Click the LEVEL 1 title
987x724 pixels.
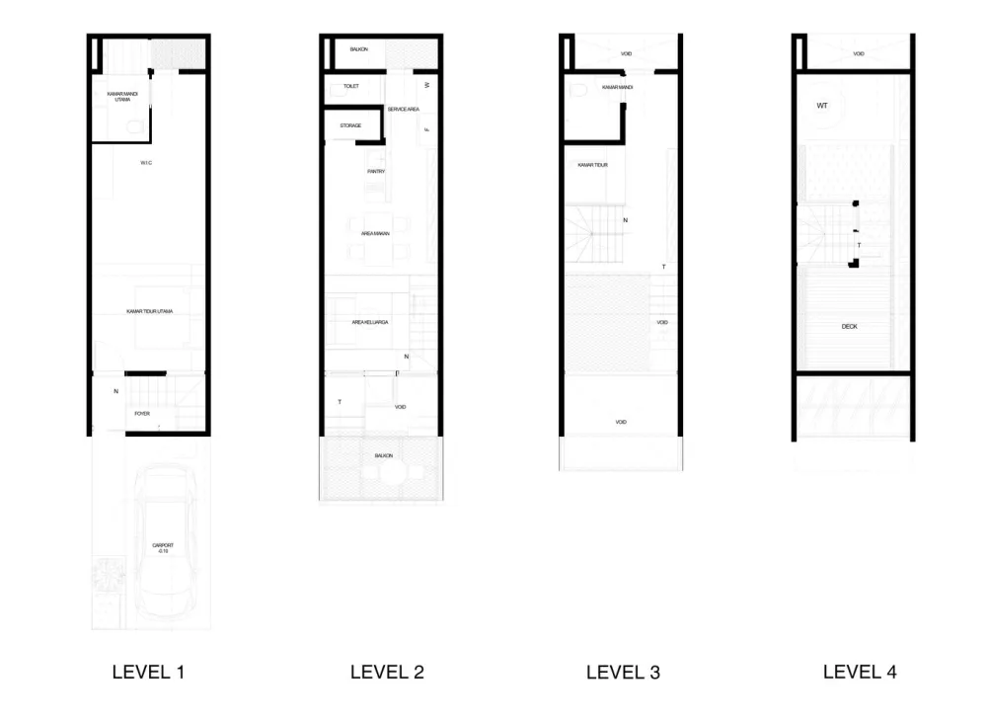(148, 673)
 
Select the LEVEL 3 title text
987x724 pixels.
(623, 673)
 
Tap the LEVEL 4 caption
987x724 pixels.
(860, 672)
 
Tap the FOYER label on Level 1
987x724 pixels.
(143, 413)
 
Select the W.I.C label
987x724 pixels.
(147, 162)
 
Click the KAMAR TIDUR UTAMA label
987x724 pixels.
(150, 312)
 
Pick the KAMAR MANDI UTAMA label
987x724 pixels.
(122, 97)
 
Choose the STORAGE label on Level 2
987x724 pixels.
(350, 125)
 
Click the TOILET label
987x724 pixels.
(350, 87)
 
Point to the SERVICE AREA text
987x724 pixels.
(404, 109)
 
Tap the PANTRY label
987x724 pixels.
(376, 172)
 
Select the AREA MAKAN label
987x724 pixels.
(376, 233)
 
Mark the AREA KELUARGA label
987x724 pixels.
(370, 322)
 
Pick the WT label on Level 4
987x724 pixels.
(822, 105)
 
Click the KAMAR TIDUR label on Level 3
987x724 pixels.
(593, 166)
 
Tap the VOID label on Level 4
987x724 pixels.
(859, 53)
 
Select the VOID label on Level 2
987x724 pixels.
(400, 407)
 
